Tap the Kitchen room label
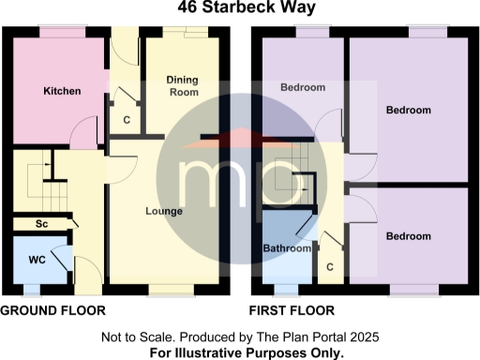[x=63, y=92]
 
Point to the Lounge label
[x=164, y=211]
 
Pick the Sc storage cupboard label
[x=41, y=225]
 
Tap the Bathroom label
[x=286, y=248]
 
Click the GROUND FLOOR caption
[x=52, y=309]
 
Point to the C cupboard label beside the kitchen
[x=127, y=119]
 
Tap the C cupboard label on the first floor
[x=330, y=266]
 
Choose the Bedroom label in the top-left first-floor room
[x=303, y=88]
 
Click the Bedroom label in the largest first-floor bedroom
[x=408, y=111]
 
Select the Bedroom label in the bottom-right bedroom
[x=408, y=235]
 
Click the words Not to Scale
[x=137, y=337]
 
